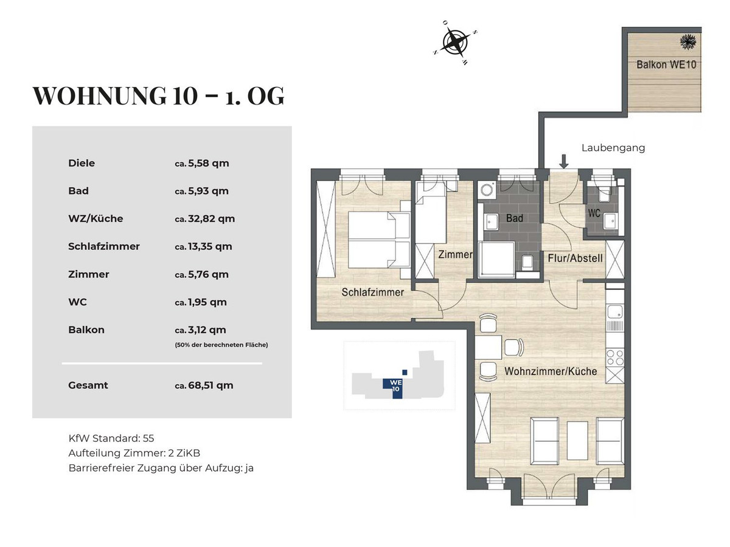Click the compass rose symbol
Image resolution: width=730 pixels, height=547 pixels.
click(x=455, y=42)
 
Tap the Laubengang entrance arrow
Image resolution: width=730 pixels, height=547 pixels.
click(x=563, y=162)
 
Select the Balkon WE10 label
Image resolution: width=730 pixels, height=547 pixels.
click(x=666, y=64)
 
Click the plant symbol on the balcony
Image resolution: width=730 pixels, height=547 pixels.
click(x=688, y=42)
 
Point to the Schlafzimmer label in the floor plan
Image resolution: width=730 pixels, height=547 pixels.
click(x=372, y=292)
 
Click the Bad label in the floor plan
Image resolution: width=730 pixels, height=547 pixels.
click(x=514, y=218)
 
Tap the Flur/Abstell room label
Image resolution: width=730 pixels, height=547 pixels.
click(x=575, y=258)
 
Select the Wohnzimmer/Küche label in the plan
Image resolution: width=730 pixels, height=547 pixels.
click(x=551, y=371)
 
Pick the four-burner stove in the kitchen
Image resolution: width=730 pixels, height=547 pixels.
click(x=614, y=357)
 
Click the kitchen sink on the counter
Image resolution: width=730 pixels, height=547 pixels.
click(x=615, y=312)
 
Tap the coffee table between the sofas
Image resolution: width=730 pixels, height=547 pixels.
click(x=577, y=441)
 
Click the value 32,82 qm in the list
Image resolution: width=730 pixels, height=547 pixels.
click(x=212, y=219)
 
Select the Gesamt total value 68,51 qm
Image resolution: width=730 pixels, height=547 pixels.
click(x=210, y=385)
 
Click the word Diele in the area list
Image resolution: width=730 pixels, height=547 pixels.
click(x=82, y=163)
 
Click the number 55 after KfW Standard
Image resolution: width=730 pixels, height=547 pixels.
click(x=148, y=438)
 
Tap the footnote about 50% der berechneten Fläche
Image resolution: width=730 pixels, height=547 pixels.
click(x=221, y=345)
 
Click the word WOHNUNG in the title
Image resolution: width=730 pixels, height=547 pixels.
click(x=99, y=96)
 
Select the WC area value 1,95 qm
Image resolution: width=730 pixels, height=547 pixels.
click(x=207, y=302)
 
